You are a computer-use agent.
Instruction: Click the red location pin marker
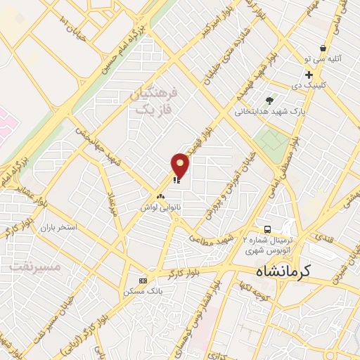(181, 165)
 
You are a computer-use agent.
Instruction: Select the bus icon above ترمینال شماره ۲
(267, 229)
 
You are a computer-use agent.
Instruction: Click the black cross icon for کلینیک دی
(309, 75)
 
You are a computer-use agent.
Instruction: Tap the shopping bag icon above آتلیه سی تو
(322, 49)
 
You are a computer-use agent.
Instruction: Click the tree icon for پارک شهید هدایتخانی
(269, 100)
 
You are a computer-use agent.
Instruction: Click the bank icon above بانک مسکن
(143, 280)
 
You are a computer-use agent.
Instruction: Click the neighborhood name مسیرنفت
(36, 268)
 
